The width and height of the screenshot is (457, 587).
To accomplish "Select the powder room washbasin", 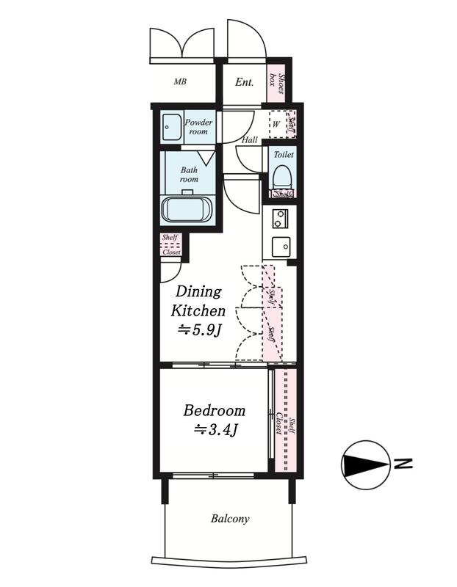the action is [173, 127].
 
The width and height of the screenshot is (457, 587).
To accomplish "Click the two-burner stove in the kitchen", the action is [281, 219].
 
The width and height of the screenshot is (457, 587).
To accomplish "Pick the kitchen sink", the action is [281, 247].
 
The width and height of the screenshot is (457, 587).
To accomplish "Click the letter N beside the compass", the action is [403, 464].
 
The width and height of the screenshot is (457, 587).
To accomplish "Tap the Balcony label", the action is [230, 519].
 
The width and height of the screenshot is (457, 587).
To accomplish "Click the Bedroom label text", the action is [214, 411].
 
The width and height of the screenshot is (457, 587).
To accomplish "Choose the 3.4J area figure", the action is [215, 430].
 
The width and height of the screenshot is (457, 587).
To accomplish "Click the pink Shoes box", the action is [277, 83].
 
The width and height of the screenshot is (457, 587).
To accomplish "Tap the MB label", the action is [180, 81].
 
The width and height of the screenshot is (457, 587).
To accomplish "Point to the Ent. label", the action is [244, 82].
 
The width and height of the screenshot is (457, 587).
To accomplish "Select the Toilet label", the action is [284, 154].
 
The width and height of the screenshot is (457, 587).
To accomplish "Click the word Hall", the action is [249, 140].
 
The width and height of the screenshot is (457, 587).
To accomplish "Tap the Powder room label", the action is [198, 127].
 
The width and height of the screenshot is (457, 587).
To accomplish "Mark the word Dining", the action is [198, 292].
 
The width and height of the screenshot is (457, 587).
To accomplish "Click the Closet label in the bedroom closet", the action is [279, 423].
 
